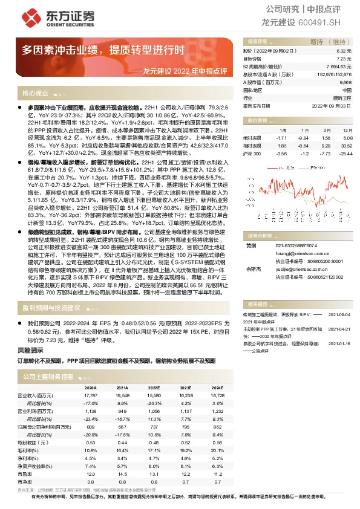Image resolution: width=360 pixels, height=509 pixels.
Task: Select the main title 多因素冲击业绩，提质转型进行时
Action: point(102,50)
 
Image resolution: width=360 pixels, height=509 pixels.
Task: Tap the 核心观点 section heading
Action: point(35,94)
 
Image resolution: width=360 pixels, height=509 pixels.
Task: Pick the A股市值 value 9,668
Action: point(345,82)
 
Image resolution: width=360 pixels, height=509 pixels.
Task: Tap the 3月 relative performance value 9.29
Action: point(326,146)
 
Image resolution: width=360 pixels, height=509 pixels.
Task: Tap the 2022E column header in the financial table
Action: point(154,387)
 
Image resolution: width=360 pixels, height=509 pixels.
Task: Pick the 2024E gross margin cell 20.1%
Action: point(217,450)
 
